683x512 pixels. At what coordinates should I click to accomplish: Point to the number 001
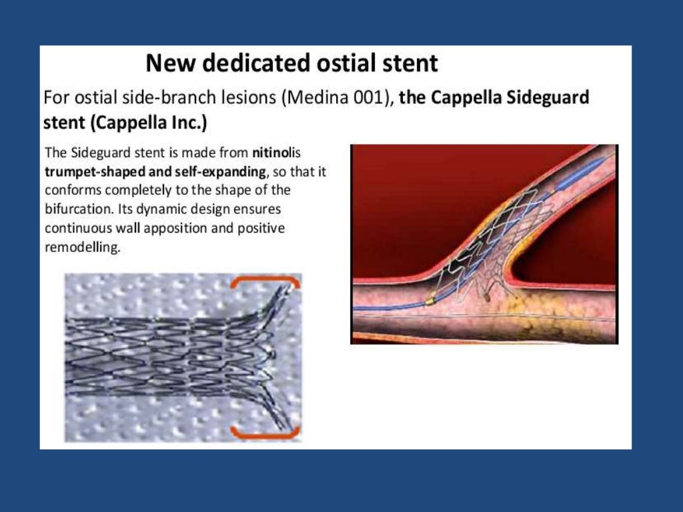[366, 98]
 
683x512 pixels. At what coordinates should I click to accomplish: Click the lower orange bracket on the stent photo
[265, 433]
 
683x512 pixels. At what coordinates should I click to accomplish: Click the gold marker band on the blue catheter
[430, 302]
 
